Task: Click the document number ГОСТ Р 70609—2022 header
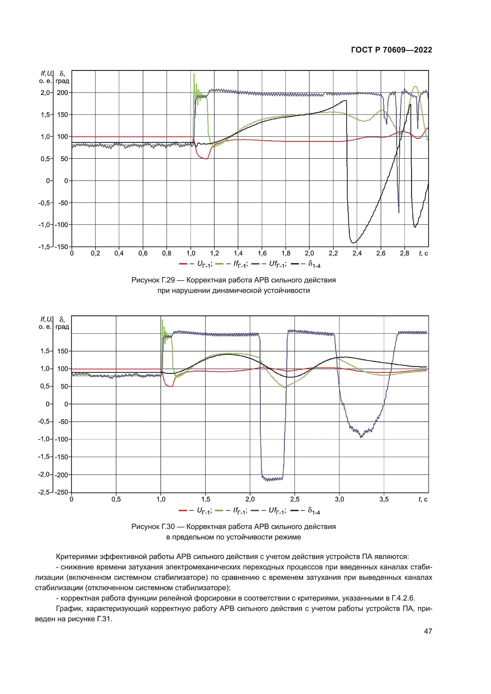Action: pos(391,50)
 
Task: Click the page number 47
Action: pos(428,631)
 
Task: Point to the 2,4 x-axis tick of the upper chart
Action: pos(357,253)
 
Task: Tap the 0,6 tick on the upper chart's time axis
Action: pos(143,253)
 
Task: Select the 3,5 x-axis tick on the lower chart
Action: pos(384,499)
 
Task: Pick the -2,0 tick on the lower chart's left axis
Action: pos(44,474)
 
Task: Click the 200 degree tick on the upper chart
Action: pos(62,93)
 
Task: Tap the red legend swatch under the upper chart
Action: pos(183,264)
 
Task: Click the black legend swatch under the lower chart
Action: pos(294,511)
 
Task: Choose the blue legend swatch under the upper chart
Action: pos(255,264)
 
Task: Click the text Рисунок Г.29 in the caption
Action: pos(153,280)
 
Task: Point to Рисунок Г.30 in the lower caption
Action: pos(153,527)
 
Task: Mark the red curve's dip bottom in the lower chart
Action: pos(171,386)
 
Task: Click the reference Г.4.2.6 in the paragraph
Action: pos(403,598)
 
